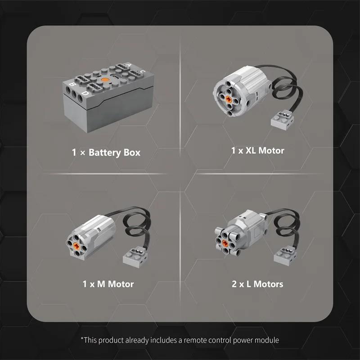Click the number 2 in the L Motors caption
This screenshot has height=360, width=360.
[x=234, y=284]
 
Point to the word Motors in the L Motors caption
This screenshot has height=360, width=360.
[x=268, y=284]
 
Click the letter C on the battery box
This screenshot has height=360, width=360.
[x=142, y=72]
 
